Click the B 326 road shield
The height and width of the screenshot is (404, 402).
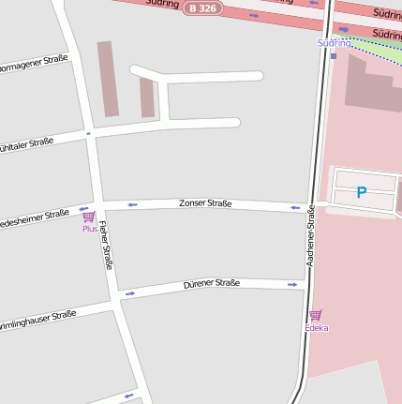[x=202, y=7]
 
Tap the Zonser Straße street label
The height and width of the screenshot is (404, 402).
[x=205, y=203]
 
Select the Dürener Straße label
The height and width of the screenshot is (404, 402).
[x=211, y=283]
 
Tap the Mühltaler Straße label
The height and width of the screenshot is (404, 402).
[x=26, y=144]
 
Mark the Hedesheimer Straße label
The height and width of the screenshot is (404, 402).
[x=34, y=217]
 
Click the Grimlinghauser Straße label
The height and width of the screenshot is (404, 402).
[x=37, y=320]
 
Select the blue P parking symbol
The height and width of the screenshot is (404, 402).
[x=362, y=192]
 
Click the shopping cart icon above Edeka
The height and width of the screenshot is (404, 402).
[x=316, y=315]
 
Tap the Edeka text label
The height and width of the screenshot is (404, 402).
[x=316, y=328]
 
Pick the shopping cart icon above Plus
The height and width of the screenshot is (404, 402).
[x=89, y=217]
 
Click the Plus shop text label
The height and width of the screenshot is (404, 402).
[x=89, y=229]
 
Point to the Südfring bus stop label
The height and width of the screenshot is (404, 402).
[x=334, y=43]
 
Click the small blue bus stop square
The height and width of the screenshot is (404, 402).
[x=334, y=55]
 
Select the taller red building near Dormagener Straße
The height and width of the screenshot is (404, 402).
[x=108, y=79]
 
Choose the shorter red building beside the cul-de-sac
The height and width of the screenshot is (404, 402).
[x=146, y=97]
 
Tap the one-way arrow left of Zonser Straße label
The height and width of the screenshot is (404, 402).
[x=132, y=203]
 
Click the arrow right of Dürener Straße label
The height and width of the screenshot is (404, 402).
[x=292, y=284]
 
